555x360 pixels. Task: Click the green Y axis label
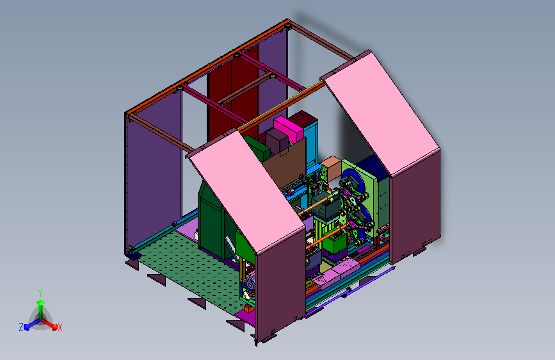(40, 293)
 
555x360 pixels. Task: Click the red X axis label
(60, 328)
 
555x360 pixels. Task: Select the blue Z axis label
(21, 327)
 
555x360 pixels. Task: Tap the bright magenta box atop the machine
(289, 129)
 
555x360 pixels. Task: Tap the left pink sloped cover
(247, 192)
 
